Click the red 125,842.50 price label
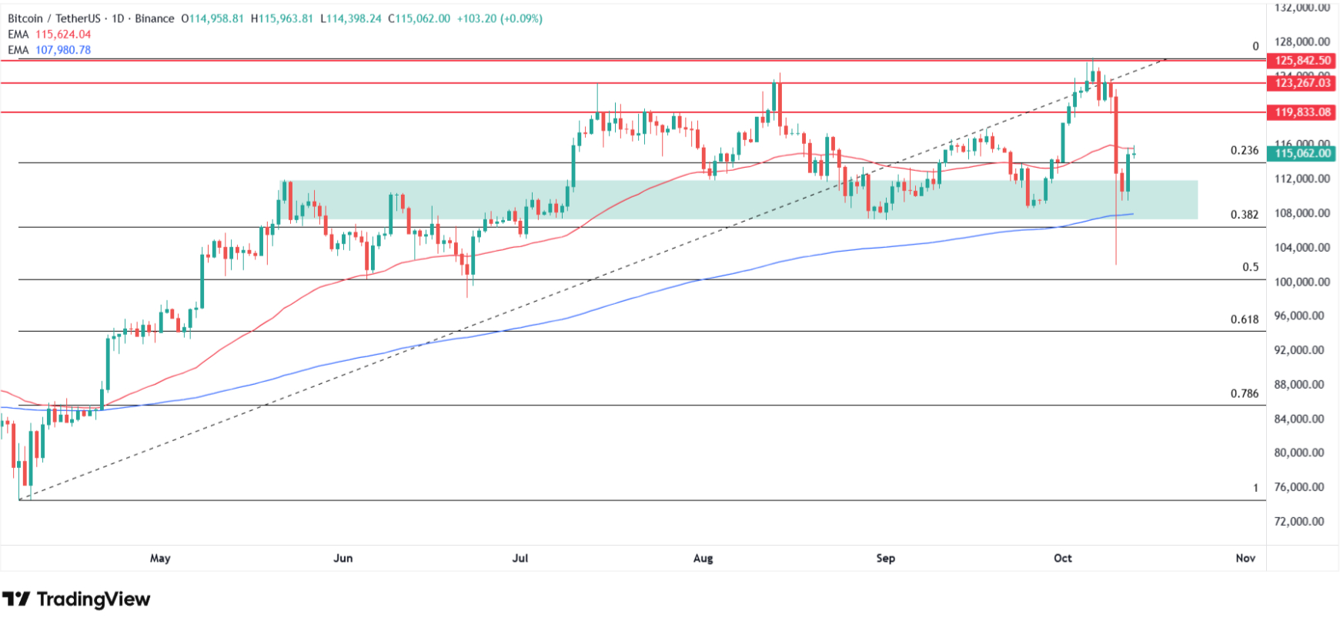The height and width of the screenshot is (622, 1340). pyautogui.click(x=1302, y=61)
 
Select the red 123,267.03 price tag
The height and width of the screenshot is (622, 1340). pyautogui.click(x=1302, y=83)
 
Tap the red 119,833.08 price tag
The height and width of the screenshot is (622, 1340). pyautogui.click(x=1302, y=112)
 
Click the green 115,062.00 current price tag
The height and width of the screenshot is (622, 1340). pyautogui.click(x=1302, y=153)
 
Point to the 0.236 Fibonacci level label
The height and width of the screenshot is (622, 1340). pyautogui.click(x=1245, y=151)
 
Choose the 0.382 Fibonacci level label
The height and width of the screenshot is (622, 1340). pyautogui.click(x=1245, y=215)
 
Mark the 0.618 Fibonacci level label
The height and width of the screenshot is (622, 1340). pyautogui.click(x=1245, y=319)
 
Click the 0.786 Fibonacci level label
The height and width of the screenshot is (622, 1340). pyautogui.click(x=1245, y=393)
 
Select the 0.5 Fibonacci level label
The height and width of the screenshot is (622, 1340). pyautogui.click(x=1251, y=267)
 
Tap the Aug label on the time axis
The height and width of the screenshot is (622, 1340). pyautogui.click(x=703, y=558)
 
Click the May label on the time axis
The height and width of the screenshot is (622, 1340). pyautogui.click(x=160, y=558)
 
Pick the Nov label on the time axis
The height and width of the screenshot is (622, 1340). pyautogui.click(x=1245, y=558)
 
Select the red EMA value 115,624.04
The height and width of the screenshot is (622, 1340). pyautogui.click(x=63, y=35)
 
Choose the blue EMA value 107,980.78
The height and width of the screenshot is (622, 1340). pyautogui.click(x=63, y=50)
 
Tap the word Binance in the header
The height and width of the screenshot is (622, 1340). pyautogui.click(x=155, y=18)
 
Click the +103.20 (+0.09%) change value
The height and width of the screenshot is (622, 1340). pyautogui.click(x=500, y=18)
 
